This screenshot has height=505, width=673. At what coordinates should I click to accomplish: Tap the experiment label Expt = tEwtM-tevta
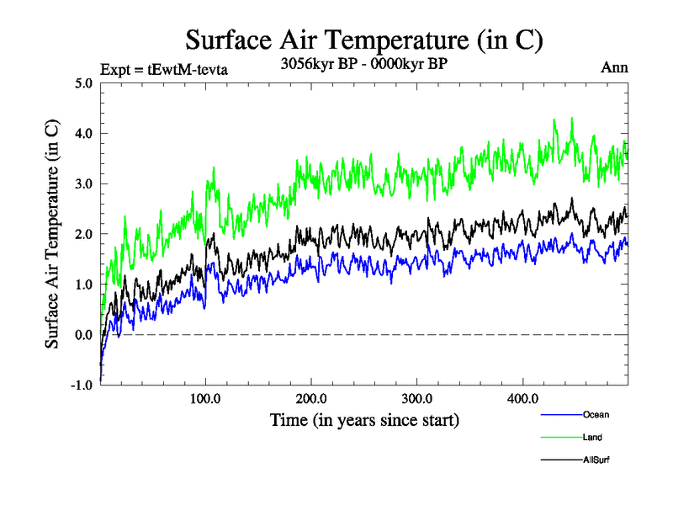[x=163, y=69]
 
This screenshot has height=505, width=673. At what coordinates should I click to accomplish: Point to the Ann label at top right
[x=614, y=67]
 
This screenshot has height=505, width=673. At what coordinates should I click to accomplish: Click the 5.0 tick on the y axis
[x=83, y=83]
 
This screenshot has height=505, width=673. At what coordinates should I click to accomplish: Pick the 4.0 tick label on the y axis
[x=83, y=134]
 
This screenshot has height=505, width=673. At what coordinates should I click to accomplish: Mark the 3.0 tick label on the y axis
[x=83, y=184]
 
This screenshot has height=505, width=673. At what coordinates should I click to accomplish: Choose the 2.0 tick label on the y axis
[x=83, y=234]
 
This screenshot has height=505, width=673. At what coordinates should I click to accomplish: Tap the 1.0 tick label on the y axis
[x=83, y=284]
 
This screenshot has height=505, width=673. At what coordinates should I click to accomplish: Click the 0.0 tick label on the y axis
[x=83, y=335]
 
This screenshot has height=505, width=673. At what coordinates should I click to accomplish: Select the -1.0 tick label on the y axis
[x=82, y=385]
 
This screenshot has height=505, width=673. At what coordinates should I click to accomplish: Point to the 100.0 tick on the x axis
[x=205, y=398]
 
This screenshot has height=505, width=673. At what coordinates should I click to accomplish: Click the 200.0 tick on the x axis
[x=311, y=398]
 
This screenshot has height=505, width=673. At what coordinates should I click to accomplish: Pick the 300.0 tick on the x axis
[x=417, y=398]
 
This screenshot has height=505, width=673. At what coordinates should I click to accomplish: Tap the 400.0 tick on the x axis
[x=523, y=398]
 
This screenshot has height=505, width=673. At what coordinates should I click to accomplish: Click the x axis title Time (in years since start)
[x=364, y=419]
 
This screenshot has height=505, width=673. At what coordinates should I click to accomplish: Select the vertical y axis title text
[x=52, y=234]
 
